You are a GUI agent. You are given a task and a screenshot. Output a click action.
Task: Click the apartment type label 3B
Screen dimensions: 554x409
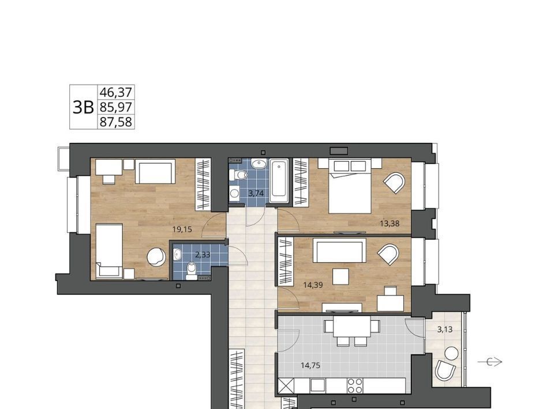[x=83, y=107]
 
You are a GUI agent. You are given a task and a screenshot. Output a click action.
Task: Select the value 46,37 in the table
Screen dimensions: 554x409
[x=116, y=92]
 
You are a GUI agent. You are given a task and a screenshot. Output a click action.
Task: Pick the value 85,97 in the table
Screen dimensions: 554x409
[x=116, y=107]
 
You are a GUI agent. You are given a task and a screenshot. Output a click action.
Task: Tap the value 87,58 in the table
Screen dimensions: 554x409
[x=116, y=122]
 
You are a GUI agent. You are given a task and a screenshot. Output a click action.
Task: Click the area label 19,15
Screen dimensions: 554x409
[x=182, y=229]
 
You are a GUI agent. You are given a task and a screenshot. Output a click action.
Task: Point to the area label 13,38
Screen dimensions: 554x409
[x=390, y=223]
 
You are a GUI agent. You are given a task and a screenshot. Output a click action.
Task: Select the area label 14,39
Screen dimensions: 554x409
[x=313, y=285]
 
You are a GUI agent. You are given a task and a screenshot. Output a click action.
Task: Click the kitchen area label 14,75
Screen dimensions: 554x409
[x=310, y=366]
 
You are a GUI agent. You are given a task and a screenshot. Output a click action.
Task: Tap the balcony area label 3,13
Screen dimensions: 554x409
[x=445, y=330]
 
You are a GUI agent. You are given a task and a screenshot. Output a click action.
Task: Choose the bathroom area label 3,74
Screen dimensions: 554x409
[x=256, y=193]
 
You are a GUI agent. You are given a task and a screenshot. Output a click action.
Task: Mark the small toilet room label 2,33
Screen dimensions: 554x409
[x=203, y=255]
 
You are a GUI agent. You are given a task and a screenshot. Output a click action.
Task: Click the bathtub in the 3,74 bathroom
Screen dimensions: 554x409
[x=279, y=181]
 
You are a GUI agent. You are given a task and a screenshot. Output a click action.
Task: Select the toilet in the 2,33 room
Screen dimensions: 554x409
[x=192, y=271]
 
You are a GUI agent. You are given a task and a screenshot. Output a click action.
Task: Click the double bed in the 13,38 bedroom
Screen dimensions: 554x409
[x=350, y=186]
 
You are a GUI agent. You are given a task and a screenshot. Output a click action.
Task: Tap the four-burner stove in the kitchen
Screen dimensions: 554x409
[x=355, y=385]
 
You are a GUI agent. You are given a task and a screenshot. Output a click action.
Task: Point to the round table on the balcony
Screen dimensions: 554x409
[x=451, y=353]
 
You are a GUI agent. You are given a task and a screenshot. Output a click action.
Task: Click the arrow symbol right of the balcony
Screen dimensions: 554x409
[x=490, y=362]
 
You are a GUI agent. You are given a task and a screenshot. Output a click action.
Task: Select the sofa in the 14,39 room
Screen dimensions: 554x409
[x=339, y=250]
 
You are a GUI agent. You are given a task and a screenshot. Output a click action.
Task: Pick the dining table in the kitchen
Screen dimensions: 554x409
[x=351, y=327]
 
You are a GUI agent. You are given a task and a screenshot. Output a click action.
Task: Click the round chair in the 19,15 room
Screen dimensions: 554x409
[x=156, y=256]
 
